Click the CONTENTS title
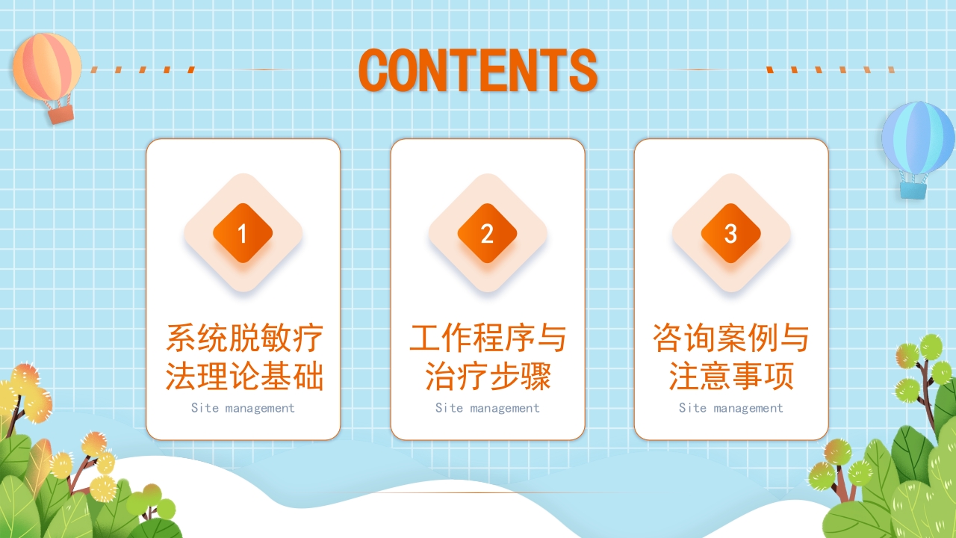coord(478,70)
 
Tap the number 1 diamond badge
coord(243,233)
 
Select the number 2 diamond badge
coord(487,233)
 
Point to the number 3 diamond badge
coord(730,233)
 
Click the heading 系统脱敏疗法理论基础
coord(244,357)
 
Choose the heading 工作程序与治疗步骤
coord(488,357)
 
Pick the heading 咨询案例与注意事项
coord(730,357)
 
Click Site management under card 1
coord(243,408)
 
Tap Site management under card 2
coord(487,408)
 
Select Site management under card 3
coord(730,408)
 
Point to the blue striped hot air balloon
coord(918,138)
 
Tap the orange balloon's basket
coord(60,114)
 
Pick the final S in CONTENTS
coord(583,70)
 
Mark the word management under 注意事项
coord(748,408)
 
